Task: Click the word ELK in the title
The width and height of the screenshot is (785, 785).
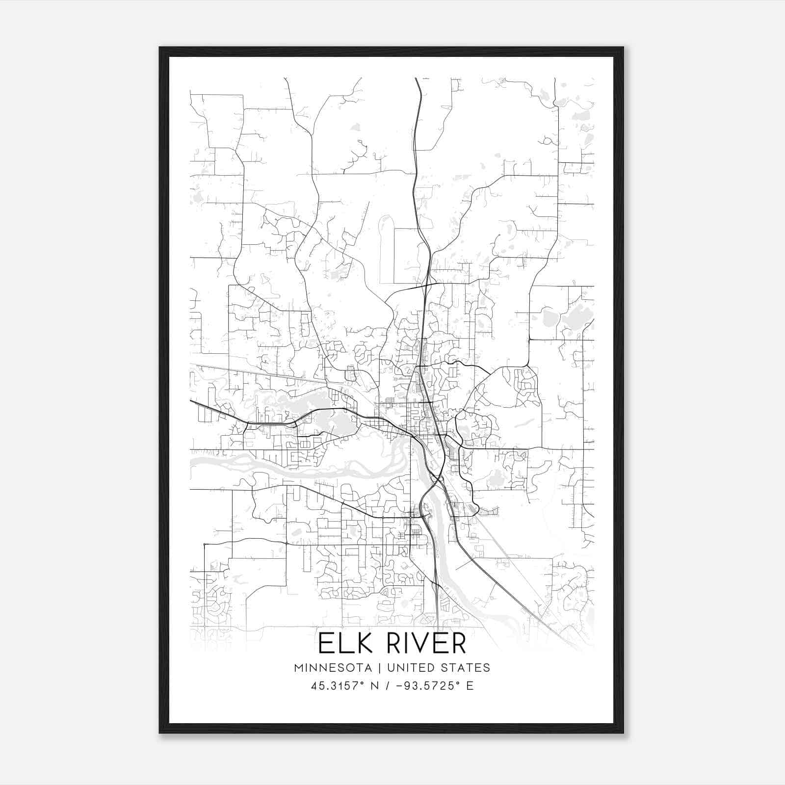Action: coord(342,643)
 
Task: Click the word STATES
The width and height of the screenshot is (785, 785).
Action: coord(466,668)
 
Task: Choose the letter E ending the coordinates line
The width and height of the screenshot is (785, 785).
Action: coord(470,686)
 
